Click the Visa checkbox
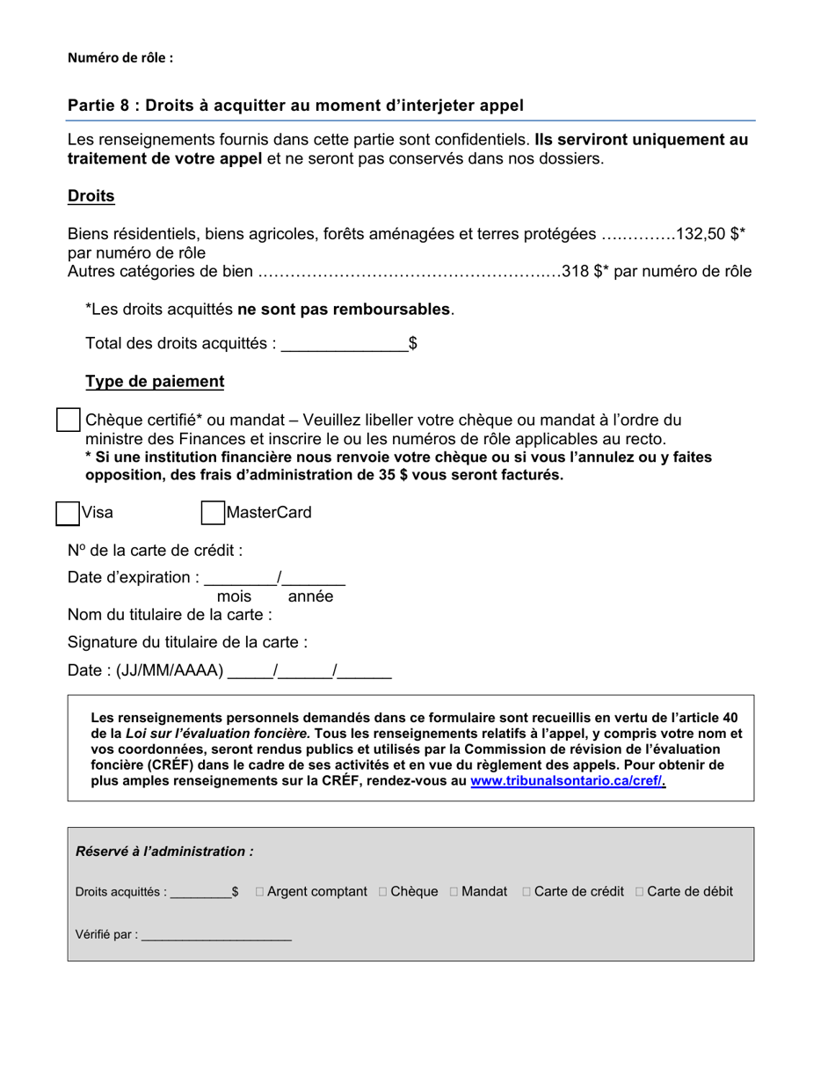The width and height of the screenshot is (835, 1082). click(68, 513)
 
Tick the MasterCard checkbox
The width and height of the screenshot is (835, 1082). click(213, 513)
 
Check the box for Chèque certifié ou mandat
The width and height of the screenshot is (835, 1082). click(68, 420)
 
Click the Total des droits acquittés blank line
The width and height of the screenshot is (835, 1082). click(344, 344)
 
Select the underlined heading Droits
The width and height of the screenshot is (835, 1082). click(91, 196)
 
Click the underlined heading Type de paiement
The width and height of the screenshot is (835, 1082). click(155, 382)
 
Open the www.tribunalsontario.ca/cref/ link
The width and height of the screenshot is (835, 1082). click(568, 780)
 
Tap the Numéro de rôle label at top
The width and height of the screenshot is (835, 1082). click(120, 58)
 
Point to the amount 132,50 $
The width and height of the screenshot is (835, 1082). click(709, 234)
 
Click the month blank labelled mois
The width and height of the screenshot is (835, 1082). click(240, 579)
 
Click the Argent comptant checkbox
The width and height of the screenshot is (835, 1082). click(260, 892)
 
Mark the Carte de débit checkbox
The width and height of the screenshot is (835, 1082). click(639, 892)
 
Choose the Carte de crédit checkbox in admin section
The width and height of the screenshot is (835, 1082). click(526, 892)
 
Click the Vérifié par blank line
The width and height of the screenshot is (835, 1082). click(216, 935)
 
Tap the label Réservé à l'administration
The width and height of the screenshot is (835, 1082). click(164, 852)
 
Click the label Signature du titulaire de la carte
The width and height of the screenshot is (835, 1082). click(187, 642)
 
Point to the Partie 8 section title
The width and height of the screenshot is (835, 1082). click(295, 106)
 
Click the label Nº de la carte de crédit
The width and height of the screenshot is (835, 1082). click(155, 551)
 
